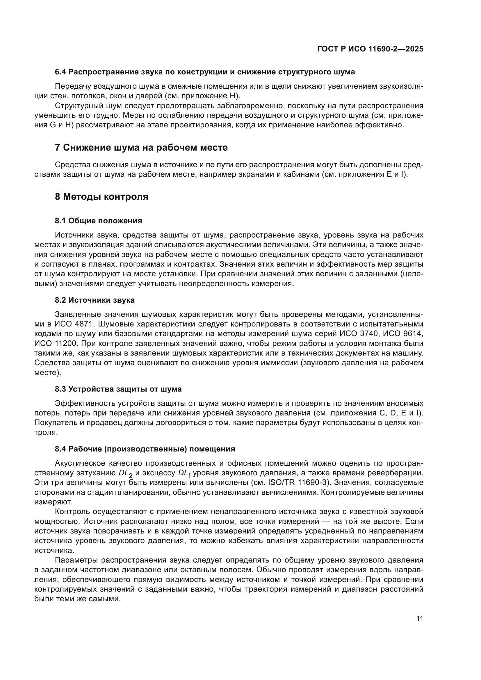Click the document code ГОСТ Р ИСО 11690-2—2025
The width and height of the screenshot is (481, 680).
pos(370,49)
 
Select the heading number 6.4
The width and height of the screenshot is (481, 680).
pos(61,72)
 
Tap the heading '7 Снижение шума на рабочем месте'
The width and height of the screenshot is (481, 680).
pos(141,147)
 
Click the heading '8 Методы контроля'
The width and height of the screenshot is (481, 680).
pos(101,197)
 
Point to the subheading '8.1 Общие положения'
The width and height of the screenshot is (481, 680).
pos(98,221)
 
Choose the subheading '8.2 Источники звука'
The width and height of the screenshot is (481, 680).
pos(95,300)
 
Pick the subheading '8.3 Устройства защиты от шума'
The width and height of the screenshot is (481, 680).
pos(118,389)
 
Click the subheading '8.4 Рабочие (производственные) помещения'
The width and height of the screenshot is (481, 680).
pos(145,449)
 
